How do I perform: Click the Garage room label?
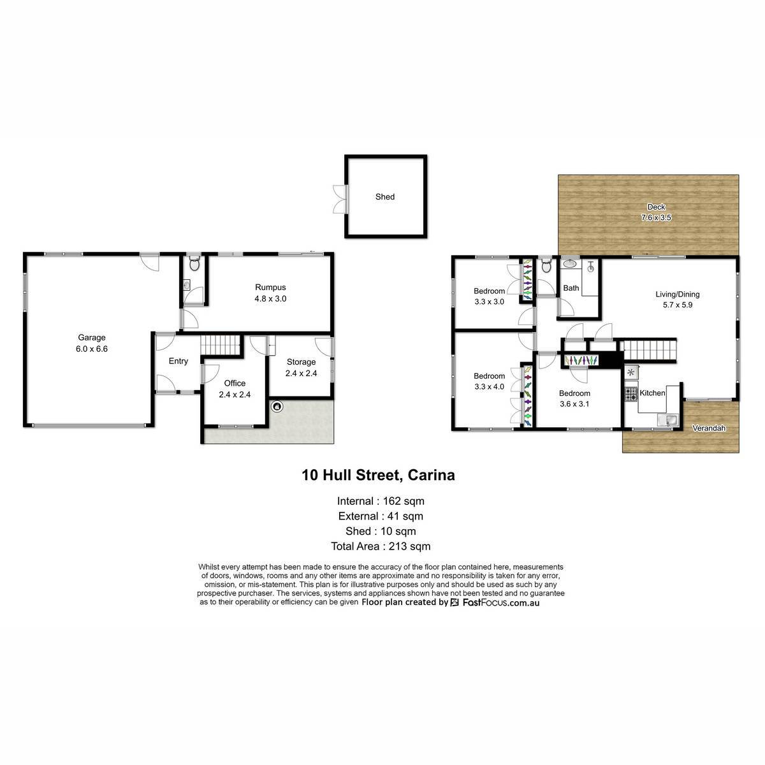[x=91, y=337]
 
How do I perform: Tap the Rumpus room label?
[x=270, y=287]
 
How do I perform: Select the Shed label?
[x=384, y=196]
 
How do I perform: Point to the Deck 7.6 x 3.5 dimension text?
[x=656, y=217]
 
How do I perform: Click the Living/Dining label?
[x=677, y=294]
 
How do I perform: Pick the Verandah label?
[x=709, y=428]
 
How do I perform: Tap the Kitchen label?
[x=652, y=393]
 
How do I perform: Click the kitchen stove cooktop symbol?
[x=631, y=394]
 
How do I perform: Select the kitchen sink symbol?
[x=667, y=420]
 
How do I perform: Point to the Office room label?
[x=235, y=383]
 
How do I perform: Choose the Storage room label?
[x=301, y=362]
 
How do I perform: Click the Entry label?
[x=178, y=361]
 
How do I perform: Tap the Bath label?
[x=571, y=288]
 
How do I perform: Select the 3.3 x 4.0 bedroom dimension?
[x=489, y=387]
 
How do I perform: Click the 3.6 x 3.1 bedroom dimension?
[x=574, y=404]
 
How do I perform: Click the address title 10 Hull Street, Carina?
[x=378, y=475]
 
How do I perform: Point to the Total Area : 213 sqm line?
[x=381, y=546]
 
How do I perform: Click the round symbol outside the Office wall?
[x=277, y=406]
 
